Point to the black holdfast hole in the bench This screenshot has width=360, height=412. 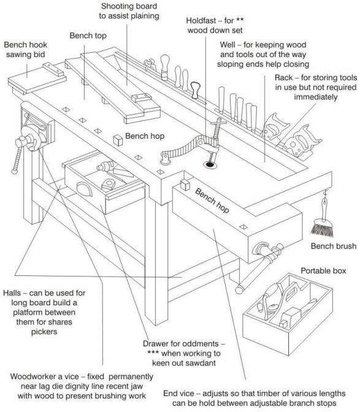click(x=211, y=164)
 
